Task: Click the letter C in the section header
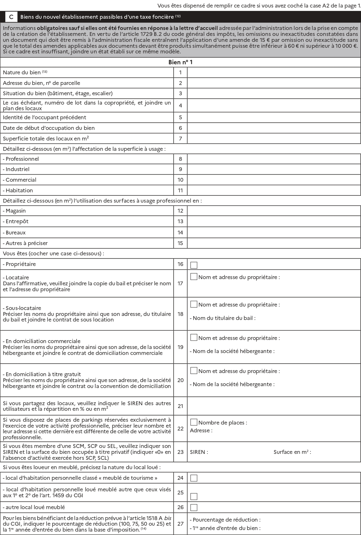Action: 11,17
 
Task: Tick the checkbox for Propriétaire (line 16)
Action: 194,265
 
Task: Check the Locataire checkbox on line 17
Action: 194,277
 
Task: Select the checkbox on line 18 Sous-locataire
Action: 194,304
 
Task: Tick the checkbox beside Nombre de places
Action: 194,422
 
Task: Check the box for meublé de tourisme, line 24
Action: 194,478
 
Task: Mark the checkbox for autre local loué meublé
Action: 194,507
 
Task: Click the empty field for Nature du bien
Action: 274,72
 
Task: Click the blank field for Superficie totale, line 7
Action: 274,139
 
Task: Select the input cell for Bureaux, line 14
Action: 274,233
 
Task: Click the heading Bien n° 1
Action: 180,62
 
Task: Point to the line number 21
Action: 180,406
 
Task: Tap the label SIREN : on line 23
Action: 199,452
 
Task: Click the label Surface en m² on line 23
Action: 292,452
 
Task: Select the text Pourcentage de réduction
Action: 225,520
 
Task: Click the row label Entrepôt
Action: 17,221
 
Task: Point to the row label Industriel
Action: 17,169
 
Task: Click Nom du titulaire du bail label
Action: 223,318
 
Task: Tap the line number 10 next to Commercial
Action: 180,180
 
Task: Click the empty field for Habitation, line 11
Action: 274,190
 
